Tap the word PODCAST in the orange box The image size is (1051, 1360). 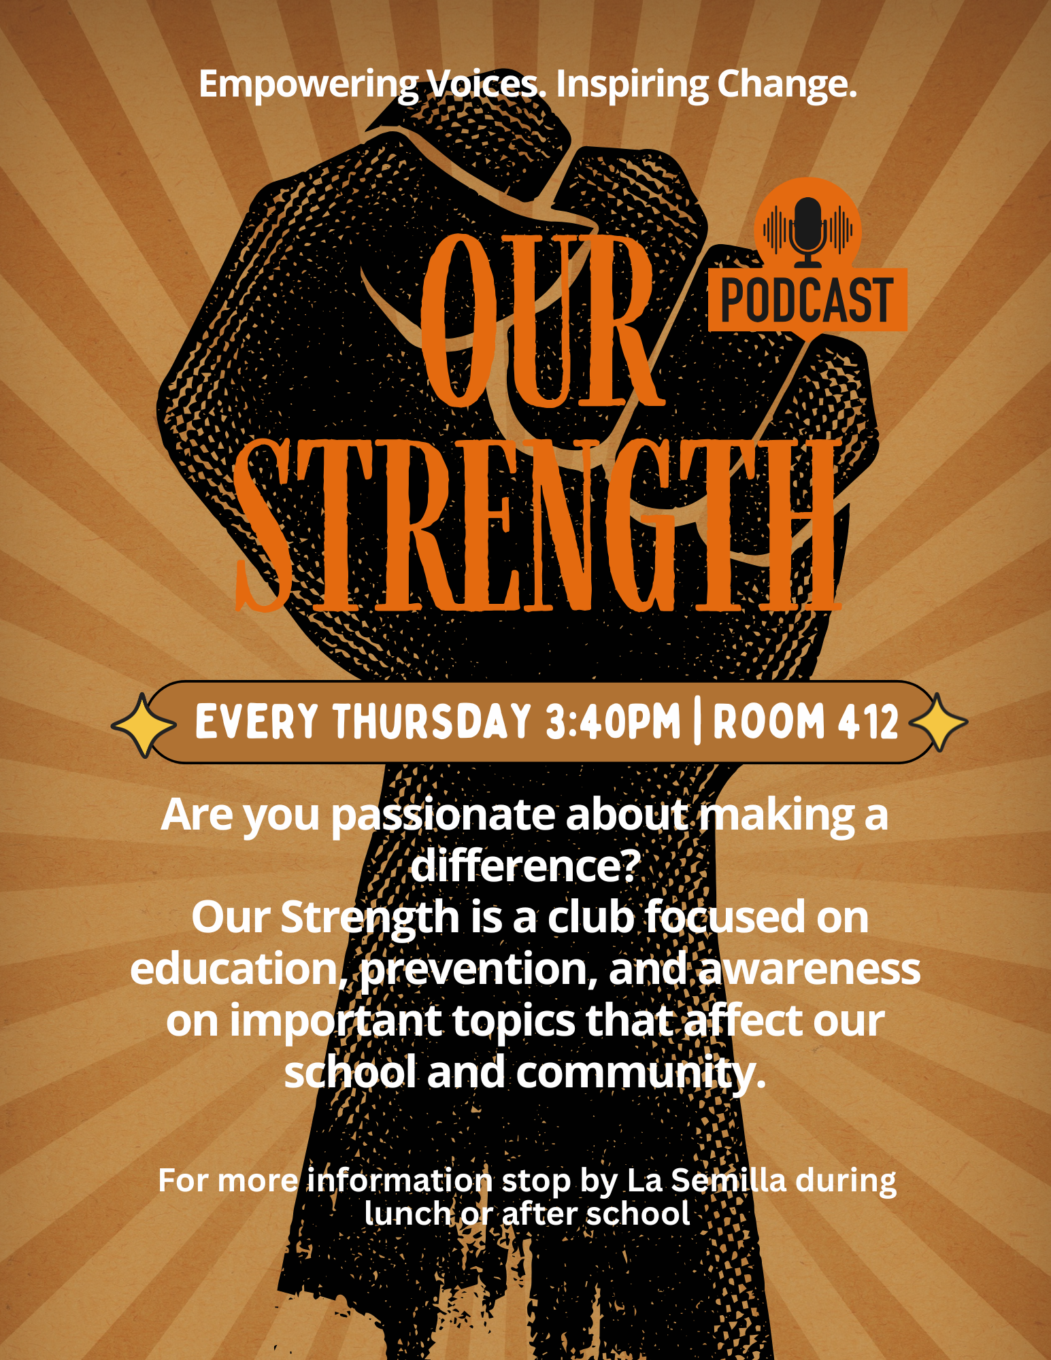(x=807, y=301)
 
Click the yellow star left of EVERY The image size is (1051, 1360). (x=144, y=725)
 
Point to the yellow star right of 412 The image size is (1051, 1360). (x=938, y=722)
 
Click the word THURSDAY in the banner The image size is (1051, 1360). (x=432, y=721)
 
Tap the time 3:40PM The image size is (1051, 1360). (x=613, y=721)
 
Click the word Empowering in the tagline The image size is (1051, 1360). (x=308, y=86)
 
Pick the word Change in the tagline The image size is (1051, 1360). (x=787, y=86)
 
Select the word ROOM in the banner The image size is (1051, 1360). (x=768, y=721)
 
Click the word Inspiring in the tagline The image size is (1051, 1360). (x=632, y=86)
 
